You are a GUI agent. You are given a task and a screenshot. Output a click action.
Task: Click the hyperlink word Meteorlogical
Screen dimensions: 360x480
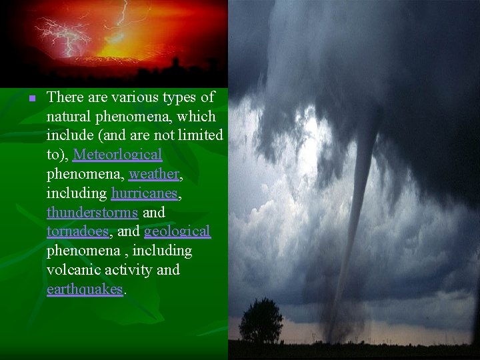[117, 155]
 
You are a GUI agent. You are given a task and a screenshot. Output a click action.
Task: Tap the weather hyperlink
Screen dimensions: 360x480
[154, 174]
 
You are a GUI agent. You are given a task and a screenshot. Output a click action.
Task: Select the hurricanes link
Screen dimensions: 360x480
[144, 193]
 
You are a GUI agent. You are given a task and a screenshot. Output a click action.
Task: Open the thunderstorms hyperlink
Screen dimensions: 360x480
[92, 213]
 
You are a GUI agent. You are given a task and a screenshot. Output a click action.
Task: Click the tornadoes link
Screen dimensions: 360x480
[77, 232]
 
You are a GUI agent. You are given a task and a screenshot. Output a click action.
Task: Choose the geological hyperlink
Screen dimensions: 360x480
[177, 232]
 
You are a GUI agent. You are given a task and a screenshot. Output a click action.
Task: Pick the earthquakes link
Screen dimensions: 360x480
[85, 290]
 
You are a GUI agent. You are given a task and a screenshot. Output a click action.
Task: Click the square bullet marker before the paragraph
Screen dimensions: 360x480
[31, 99]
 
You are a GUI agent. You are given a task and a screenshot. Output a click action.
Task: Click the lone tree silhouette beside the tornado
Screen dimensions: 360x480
[261, 319]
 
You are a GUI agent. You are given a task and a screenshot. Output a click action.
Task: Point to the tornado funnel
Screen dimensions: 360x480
[360, 200]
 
